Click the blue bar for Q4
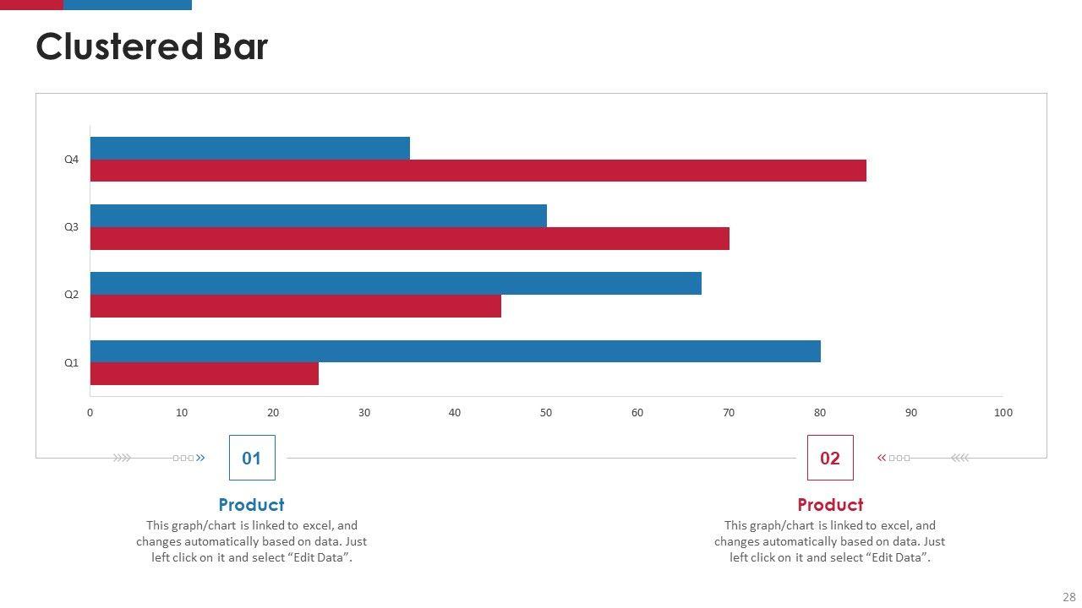tap(249, 148)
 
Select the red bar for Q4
tap(478, 171)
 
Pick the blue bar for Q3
tap(318, 215)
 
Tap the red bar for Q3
tap(409, 238)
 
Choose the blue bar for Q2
tap(396, 283)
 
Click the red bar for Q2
tap(295, 306)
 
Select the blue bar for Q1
tap(455, 351)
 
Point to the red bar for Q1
tap(204, 373)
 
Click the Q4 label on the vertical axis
tap(72, 160)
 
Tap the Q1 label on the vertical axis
tap(72, 363)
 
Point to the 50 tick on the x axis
tap(546, 413)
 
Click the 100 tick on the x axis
tap(1003, 413)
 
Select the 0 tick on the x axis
tap(90, 413)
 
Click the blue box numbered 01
tap(252, 458)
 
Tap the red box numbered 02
tap(830, 458)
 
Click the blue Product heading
tap(251, 505)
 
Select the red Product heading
tap(830, 505)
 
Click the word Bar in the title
tap(239, 47)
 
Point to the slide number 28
tap(1069, 597)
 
